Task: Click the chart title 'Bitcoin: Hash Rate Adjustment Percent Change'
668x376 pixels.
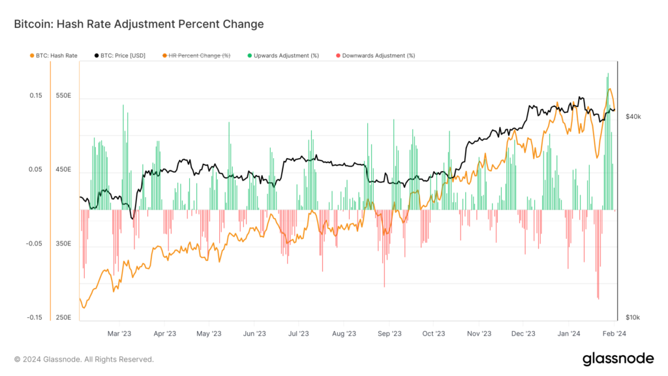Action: pyautogui.click(x=138, y=24)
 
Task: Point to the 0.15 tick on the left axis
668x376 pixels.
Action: pyautogui.click(x=35, y=96)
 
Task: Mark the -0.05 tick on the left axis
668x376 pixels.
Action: pyautogui.click(x=34, y=244)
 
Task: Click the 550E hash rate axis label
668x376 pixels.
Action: pyautogui.click(x=63, y=96)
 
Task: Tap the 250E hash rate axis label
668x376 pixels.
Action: pyautogui.click(x=63, y=318)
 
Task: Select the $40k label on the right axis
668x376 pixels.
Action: pyautogui.click(x=633, y=117)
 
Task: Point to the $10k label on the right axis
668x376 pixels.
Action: pyautogui.click(x=633, y=318)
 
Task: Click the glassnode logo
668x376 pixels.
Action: pyautogui.click(x=618, y=358)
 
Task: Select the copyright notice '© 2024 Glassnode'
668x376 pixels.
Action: pyautogui.click(x=84, y=359)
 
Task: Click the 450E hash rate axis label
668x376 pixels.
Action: pyautogui.click(x=63, y=170)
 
